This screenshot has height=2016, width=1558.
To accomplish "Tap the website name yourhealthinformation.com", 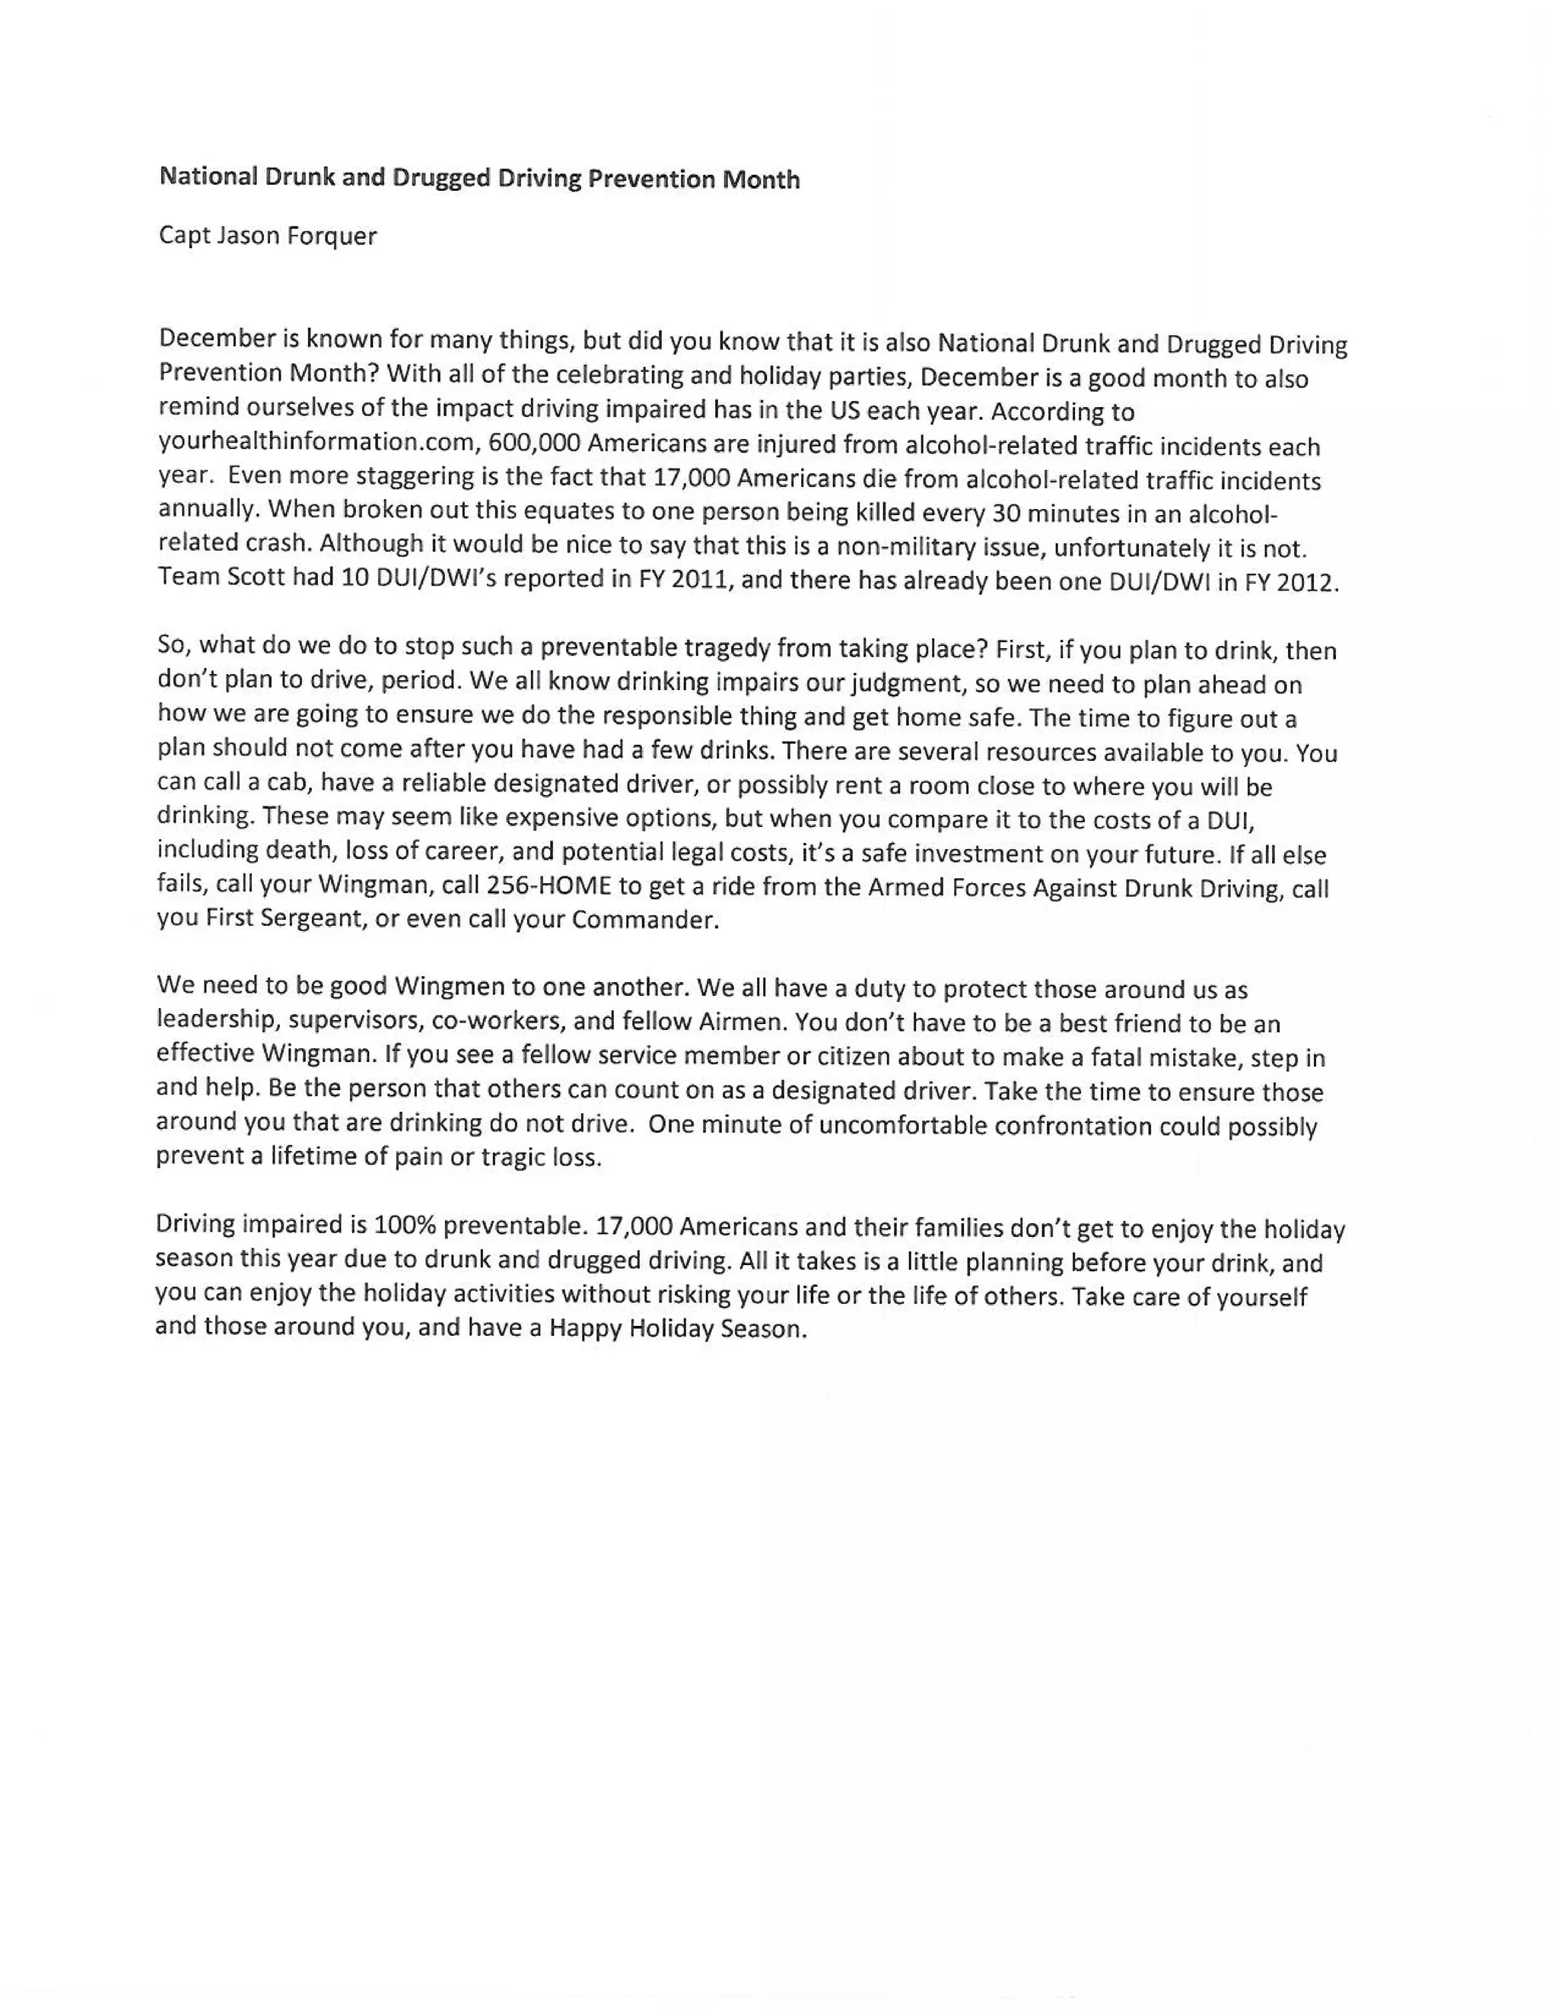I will (316, 443).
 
